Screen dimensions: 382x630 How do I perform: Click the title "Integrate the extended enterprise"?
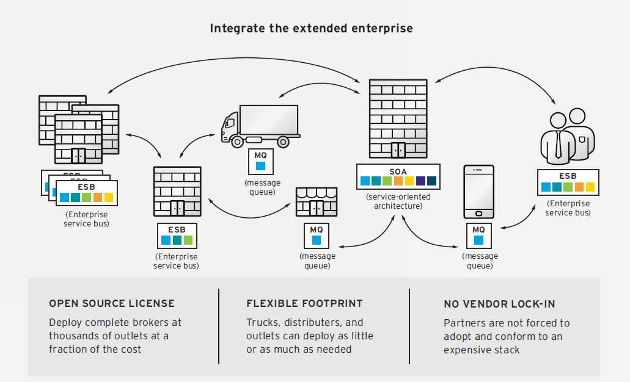(x=311, y=28)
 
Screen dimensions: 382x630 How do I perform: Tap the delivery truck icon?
(x=260, y=126)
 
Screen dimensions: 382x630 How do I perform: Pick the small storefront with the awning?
(x=317, y=202)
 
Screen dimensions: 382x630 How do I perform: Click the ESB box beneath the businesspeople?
(x=568, y=182)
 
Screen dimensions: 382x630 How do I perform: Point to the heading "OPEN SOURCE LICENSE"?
(x=112, y=303)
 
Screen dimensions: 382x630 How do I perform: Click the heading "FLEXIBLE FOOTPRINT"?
(x=304, y=303)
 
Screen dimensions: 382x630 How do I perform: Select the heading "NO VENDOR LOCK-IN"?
(x=499, y=304)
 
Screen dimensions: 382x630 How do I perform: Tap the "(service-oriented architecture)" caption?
(x=398, y=201)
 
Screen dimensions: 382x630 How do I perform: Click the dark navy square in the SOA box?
(x=432, y=181)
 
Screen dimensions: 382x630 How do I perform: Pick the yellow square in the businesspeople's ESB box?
(x=590, y=187)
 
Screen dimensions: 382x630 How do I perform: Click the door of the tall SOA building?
(x=398, y=150)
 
